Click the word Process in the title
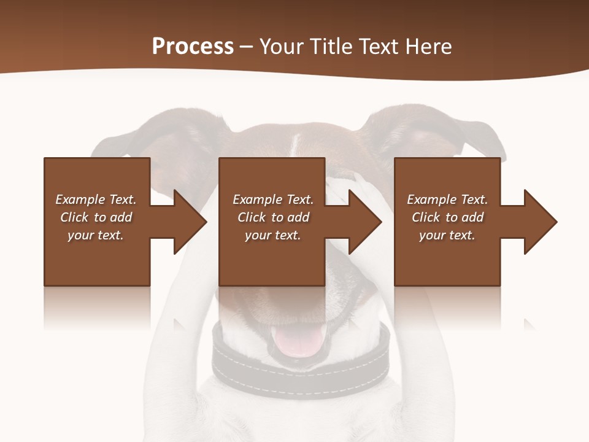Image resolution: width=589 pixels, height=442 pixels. [x=193, y=47]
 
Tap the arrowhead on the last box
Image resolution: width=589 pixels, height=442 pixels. [x=539, y=222]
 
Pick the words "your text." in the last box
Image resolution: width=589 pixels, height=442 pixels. [x=447, y=235]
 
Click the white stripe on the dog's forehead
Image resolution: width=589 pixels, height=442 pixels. [x=296, y=145]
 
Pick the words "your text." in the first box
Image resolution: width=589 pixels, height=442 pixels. [x=96, y=235]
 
